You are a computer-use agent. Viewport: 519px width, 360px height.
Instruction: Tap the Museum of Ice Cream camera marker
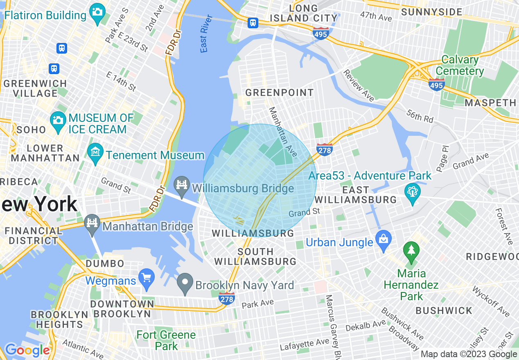(x=58, y=119)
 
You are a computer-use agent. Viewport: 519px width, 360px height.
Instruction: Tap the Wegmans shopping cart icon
(x=146, y=278)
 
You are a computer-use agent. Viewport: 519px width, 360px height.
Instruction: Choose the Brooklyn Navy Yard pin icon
(x=185, y=282)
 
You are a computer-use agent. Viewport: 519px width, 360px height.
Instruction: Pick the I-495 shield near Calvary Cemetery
(x=437, y=84)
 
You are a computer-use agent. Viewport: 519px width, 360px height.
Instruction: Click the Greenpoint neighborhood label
(x=279, y=93)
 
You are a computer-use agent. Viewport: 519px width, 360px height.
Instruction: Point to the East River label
(x=206, y=34)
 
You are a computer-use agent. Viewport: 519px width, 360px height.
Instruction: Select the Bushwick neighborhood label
(x=444, y=310)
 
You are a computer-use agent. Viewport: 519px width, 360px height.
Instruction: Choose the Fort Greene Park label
(x=166, y=340)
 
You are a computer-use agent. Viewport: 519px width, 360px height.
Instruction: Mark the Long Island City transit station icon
(x=253, y=22)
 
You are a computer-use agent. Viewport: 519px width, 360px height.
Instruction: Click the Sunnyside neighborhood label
(x=432, y=12)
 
